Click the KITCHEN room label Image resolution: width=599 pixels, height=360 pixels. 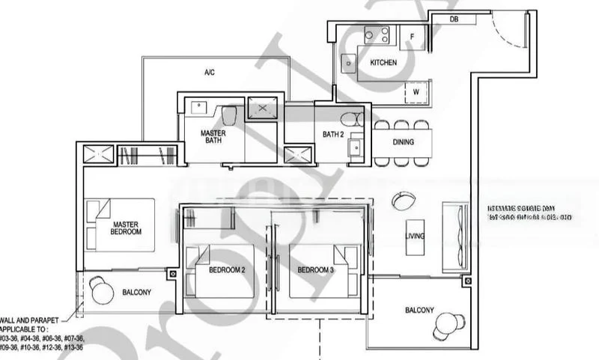pos(383,63)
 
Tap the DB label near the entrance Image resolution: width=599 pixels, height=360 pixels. pos(455,19)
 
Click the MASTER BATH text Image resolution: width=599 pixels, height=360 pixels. pos(213,137)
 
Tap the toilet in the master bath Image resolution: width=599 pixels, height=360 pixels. pos(229,115)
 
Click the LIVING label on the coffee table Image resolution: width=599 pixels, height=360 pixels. pos(414,237)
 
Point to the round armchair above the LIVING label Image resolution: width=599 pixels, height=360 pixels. pos(402,201)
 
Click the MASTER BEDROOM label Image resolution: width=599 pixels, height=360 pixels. pos(127,228)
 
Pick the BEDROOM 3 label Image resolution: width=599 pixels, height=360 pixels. pos(315,269)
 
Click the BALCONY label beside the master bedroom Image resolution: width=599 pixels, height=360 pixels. pos(136,293)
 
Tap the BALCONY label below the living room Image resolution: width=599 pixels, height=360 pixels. pos(419,310)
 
